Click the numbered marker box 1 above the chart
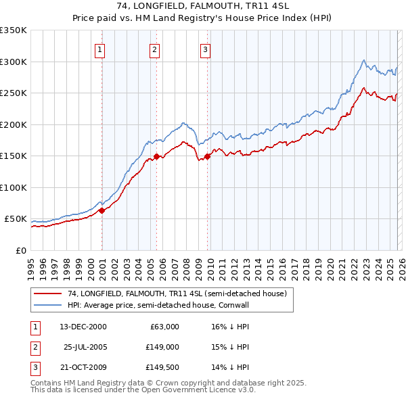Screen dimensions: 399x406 [x=99, y=49]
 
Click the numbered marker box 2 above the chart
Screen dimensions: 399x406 [x=154, y=49]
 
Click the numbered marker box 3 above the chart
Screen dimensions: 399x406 [x=205, y=49]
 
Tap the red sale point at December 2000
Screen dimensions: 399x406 [x=101, y=210]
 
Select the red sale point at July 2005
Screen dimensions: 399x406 [x=156, y=156]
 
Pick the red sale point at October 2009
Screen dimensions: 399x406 [x=207, y=156]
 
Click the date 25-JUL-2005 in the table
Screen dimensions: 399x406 [x=85, y=347]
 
